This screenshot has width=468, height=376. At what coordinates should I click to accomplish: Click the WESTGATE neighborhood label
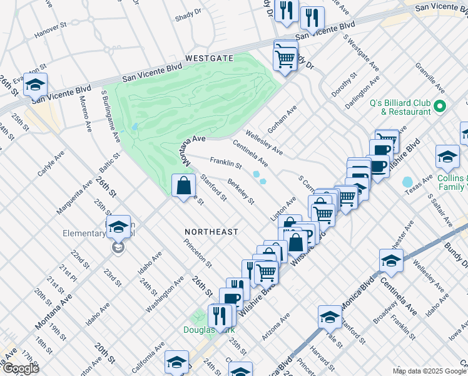coord(208,58)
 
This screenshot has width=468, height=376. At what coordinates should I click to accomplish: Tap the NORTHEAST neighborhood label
coord(211,232)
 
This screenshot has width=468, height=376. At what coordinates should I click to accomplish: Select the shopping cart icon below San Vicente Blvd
coord(285,59)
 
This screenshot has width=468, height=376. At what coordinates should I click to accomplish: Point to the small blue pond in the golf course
coord(135,127)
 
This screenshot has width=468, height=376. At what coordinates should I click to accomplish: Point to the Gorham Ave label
coord(282,120)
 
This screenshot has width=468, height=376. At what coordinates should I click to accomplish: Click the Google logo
coord(20,368)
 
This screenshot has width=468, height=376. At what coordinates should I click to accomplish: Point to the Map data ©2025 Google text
coord(429,371)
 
